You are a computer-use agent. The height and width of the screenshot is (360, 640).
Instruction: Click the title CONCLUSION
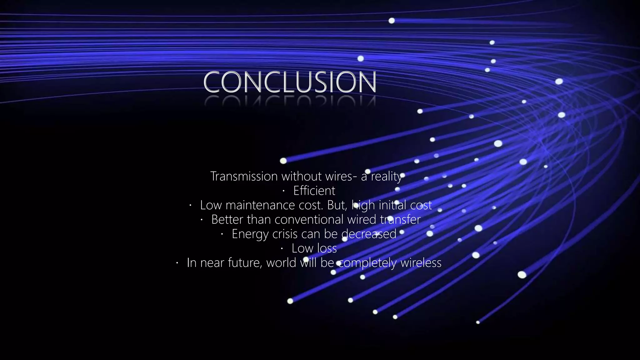coord(290,82)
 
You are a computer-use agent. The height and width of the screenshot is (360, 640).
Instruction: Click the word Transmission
coord(244,176)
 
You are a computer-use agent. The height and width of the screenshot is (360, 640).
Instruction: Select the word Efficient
coord(314,191)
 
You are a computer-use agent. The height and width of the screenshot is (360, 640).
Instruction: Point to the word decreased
coord(369,234)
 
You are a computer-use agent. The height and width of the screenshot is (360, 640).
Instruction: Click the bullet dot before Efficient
coord(284,191)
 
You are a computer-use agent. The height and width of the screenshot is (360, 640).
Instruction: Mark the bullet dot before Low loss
coord(282,249)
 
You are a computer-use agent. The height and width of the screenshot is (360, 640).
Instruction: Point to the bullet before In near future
coord(177,263)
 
